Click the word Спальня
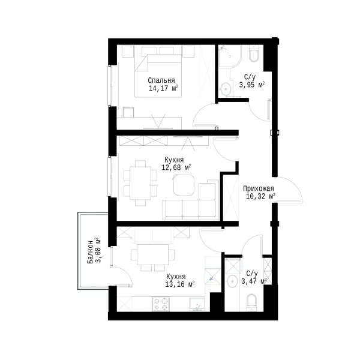coord(161,80)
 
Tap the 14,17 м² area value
coord(163,88)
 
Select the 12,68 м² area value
coord(176,167)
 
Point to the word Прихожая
coord(259,189)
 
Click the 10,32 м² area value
coord(260,197)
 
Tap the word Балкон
coord(90,252)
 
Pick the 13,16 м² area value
coord(180,284)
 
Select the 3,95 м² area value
coord(252,85)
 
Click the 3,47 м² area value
coord(254,281)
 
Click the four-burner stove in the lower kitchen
coord(161,304)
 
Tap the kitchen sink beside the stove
coord(197,305)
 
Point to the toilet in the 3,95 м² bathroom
coord(254,54)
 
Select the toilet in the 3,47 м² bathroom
coord(251,302)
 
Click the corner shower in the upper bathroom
coord(230,56)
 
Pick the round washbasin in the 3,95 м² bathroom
coord(226,88)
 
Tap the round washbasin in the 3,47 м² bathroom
coord(232,281)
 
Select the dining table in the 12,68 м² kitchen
coord(140,183)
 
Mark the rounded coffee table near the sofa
coord(184,185)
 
